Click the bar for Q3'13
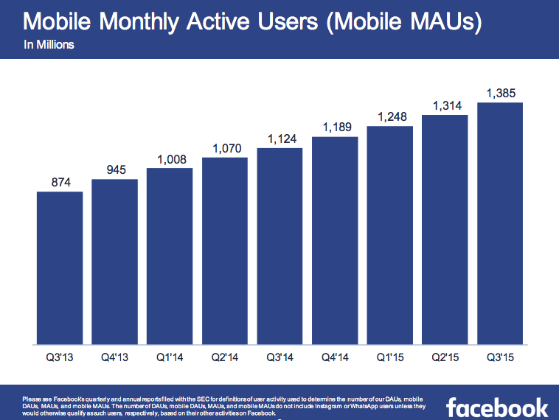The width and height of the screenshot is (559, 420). (60, 268)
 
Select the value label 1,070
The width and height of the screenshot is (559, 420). (224, 149)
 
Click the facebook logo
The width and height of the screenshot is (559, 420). (497, 407)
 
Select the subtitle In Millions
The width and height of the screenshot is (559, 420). (49, 45)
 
